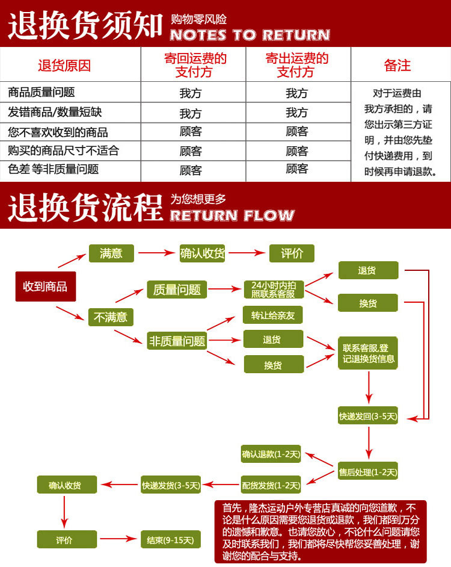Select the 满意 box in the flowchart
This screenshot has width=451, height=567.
click(111, 253)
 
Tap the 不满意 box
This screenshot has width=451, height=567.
click(111, 317)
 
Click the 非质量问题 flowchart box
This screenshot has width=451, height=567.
click(177, 341)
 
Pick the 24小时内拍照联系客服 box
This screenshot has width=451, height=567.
click(274, 290)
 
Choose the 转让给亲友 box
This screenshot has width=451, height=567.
click(273, 315)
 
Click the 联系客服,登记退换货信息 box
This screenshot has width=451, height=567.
click(366, 353)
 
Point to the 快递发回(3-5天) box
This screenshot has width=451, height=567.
click(367, 416)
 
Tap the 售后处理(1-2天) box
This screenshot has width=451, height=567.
click(367, 472)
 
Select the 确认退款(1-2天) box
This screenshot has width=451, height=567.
click(271, 454)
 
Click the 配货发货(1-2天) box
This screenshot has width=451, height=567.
click(271, 485)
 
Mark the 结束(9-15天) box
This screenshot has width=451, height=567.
click(170, 540)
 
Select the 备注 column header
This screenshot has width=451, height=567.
click(397, 66)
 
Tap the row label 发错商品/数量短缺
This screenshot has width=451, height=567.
click(55, 112)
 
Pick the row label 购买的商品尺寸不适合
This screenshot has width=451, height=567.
click(63, 150)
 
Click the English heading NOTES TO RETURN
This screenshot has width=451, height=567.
click(250, 35)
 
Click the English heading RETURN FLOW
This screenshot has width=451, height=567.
click(232, 215)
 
